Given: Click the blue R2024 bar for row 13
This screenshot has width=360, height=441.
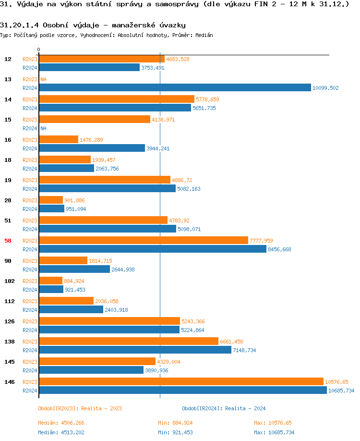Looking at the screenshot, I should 175,87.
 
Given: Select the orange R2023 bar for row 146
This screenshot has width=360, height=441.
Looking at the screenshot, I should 181,381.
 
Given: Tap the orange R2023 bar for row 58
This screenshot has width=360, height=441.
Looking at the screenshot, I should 143,240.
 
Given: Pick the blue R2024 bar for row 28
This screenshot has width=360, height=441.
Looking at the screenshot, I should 51,208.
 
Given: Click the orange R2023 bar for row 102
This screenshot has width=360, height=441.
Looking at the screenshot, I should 50,281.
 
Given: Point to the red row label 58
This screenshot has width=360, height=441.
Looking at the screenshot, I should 8,241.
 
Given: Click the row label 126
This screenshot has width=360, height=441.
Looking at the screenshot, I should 9,321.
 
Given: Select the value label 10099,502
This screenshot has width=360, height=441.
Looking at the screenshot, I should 325,88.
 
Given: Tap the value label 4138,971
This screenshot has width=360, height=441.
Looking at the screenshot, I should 163,120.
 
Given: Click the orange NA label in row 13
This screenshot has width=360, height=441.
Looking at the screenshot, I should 43,79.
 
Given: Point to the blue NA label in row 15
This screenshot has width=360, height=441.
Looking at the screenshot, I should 43,128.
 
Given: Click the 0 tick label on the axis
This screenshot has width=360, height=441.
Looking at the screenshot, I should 38,50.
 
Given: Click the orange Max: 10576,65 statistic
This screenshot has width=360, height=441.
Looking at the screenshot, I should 273,423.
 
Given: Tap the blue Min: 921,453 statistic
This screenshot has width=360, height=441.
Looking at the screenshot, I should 175,432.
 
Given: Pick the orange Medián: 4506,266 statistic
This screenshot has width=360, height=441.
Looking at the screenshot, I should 64,423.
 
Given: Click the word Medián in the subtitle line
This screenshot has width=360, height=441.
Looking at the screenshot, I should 204,35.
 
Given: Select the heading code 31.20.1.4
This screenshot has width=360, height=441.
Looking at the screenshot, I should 20,25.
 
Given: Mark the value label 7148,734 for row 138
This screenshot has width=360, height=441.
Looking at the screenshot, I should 244,350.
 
